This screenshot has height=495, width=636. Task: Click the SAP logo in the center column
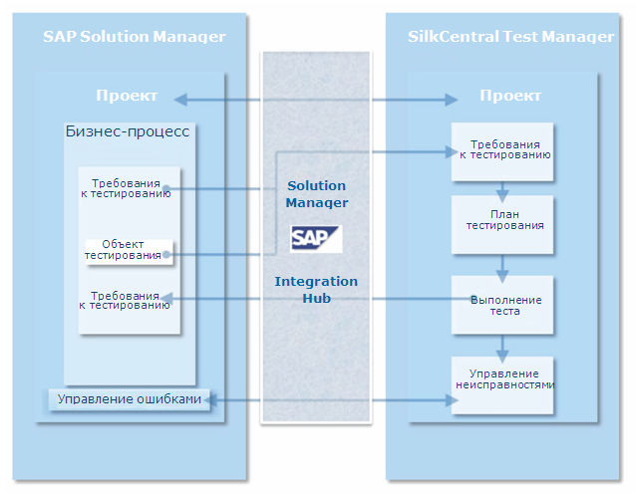tap(316, 239)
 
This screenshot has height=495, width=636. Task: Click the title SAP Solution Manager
tap(135, 37)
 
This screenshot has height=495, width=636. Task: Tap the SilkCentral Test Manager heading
tap(510, 37)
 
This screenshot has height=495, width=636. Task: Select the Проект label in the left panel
tap(127, 96)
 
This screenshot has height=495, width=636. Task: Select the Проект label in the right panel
tap(510, 96)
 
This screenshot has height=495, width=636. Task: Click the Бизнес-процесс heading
tap(128, 131)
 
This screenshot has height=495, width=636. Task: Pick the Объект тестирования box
tap(129, 252)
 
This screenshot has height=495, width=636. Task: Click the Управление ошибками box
tap(130, 399)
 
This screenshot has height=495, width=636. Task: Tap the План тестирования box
tap(502, 225)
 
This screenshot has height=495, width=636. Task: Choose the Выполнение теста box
tap(502, 305)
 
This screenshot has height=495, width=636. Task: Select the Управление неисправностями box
tap(502, 385)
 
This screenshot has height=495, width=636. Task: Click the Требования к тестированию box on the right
tap(502, 151)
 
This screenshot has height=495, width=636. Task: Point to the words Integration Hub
tap(316, 290)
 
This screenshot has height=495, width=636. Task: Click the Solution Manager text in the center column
tap(316, 194)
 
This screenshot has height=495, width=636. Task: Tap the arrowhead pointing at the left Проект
tap(180, 100)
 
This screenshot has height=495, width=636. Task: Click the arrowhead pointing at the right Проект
tap(452, 100)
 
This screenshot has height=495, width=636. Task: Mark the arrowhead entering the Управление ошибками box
tap(210, 400)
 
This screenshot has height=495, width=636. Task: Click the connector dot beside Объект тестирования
tap(166, 255)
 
